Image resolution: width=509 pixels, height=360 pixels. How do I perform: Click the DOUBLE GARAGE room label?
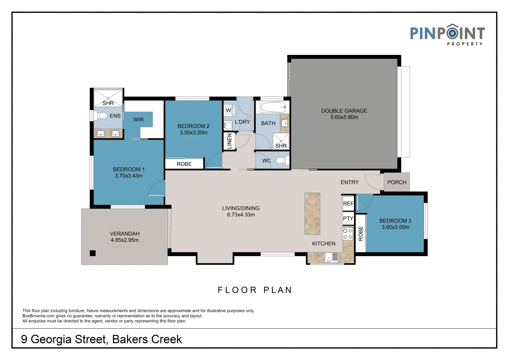point(344,111)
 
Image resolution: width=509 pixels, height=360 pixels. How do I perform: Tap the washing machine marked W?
point(228,110)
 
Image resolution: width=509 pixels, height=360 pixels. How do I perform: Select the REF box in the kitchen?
point(348,203)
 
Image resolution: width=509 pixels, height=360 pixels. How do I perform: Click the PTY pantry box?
point(348,218)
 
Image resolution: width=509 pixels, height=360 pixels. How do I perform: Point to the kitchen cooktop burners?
point(348,234)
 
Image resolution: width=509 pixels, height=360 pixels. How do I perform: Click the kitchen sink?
point(332,257)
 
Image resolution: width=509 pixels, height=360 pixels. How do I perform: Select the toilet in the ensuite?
point(100,116)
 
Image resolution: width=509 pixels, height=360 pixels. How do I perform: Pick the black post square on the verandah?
point(92,253)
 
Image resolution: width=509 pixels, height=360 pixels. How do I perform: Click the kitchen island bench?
point(312,214)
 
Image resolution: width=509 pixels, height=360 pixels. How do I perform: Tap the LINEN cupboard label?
point(229,141)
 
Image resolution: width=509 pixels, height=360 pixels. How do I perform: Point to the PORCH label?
point(397,182)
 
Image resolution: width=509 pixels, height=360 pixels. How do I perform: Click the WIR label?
point(138,120)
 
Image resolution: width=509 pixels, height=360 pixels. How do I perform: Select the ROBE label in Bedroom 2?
point(184,164)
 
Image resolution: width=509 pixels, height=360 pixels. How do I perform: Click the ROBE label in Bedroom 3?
point(361,234)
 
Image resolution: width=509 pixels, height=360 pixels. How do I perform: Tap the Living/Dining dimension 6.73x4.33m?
point(241,215)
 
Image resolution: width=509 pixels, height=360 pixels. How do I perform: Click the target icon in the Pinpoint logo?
point(452,33)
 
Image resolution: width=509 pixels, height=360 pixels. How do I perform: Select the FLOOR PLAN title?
point(255,290)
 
